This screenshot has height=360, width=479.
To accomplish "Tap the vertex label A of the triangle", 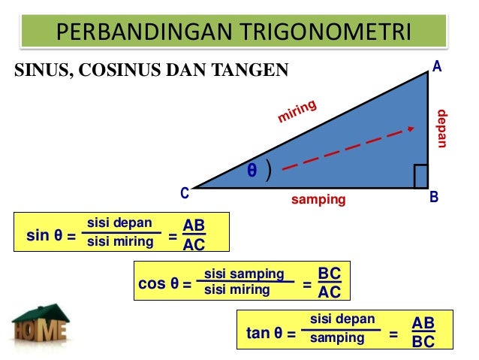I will (436, 68).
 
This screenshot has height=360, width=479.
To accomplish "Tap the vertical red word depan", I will (442, 129).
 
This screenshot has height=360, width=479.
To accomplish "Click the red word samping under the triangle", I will (318, 200).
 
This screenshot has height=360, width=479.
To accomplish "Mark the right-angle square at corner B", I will (420, 176).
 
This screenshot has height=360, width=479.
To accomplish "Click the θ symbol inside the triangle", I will (252, 171).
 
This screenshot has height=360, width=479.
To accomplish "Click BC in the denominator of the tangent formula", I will (423, 341).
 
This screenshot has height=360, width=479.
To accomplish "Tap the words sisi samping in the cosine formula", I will (244, 274).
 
